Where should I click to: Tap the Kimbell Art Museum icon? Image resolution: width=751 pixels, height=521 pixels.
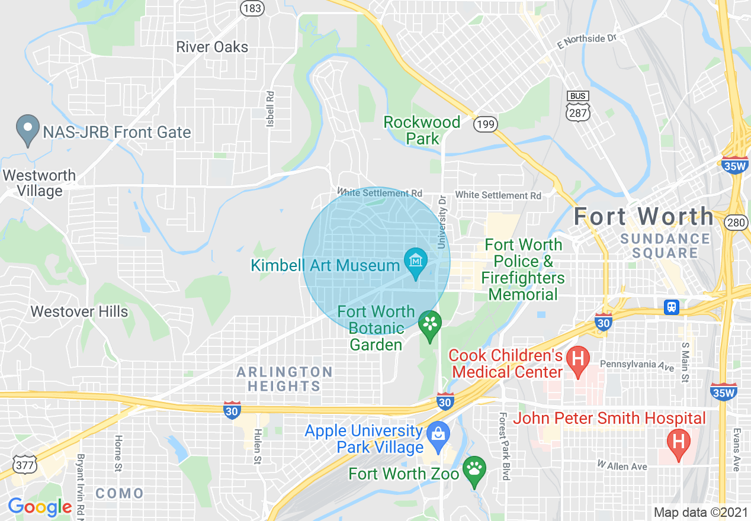click(415, 261)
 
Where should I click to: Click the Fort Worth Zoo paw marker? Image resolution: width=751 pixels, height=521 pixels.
click(474, 469)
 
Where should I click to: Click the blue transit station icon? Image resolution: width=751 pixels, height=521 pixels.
click(671, 307)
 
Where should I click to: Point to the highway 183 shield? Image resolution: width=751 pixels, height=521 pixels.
click(252, 8)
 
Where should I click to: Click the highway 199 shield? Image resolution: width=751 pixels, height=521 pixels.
click(485, 123)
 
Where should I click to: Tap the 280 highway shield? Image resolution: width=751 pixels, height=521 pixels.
click(735, 221)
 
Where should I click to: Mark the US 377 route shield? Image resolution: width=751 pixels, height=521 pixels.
click(25, 465)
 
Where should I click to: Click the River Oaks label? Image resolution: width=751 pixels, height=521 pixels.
click(212, 47)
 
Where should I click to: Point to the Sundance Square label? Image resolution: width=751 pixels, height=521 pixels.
click(665, 246)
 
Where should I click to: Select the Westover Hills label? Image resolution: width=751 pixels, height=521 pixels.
click(79, 311)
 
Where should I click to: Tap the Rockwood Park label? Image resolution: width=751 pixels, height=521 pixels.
click(422, 130)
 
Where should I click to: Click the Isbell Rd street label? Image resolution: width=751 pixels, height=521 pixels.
click(271, 108)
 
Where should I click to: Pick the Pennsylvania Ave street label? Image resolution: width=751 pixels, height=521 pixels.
click(637, 365)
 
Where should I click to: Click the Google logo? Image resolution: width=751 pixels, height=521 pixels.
click(40, 507)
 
